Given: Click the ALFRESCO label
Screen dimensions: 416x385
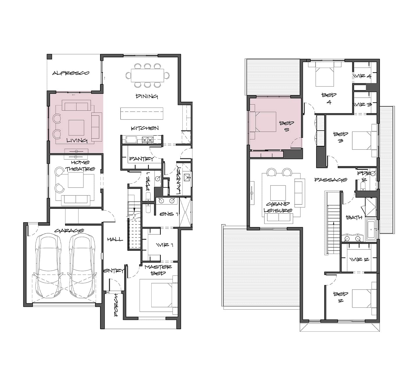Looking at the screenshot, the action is (71, 73).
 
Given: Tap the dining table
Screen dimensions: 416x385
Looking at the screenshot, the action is (147, 75).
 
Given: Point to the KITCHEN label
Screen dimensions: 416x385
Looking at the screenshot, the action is (145, 128).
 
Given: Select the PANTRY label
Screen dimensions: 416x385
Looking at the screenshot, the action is (141, 159).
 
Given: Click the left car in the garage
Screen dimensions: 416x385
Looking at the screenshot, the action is (49, 266).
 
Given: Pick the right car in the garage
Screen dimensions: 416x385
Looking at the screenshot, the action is (82, 266).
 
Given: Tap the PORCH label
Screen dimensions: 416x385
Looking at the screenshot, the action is (116, 305).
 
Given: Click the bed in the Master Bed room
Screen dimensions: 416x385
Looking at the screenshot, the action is (159, 295).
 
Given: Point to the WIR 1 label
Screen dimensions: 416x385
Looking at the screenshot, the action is (165, 245).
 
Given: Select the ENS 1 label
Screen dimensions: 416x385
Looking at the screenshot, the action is (169, 214).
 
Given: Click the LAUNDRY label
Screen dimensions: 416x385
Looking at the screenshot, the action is (178, 180).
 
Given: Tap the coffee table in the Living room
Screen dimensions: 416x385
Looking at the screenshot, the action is (76, 128).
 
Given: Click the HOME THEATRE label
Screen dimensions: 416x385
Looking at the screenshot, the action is (80, 166).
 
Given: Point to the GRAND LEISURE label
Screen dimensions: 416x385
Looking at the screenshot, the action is (278, 207).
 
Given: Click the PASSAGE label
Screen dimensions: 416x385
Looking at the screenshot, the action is (331, 180).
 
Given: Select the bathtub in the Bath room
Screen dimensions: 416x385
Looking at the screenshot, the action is (371, 229).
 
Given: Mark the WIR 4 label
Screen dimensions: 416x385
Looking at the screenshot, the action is (362, 76).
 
